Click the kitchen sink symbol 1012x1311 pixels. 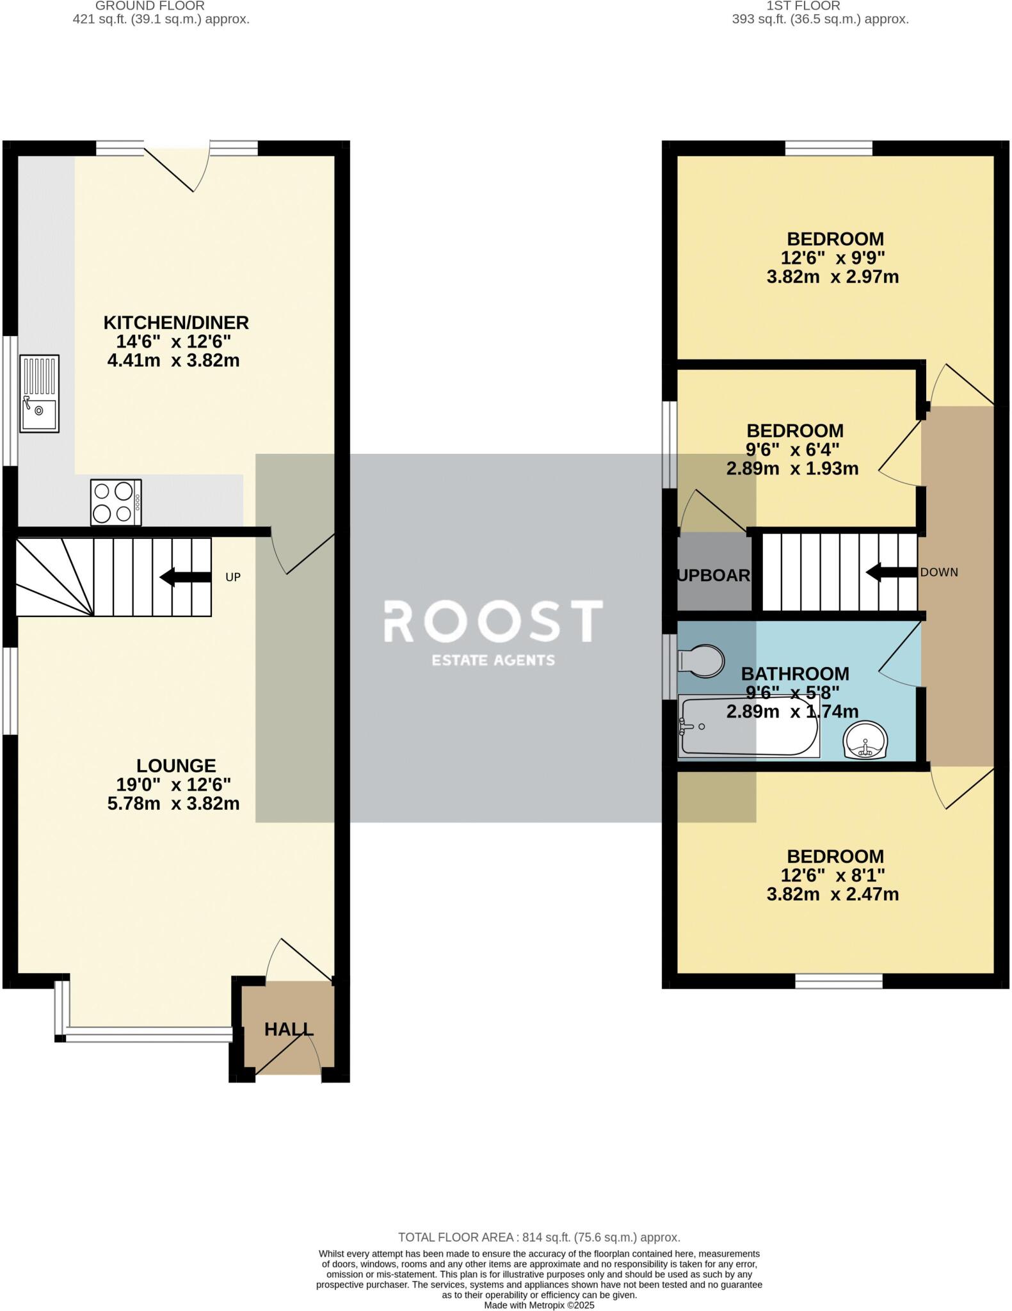[39, 394]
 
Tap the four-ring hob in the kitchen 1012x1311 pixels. [116, 503]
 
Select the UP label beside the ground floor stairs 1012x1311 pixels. [233, 577]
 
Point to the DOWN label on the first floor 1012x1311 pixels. [939, 572]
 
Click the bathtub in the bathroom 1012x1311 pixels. [748, 727]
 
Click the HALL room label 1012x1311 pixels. [289, 1029]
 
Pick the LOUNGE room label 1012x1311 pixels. [176, 766]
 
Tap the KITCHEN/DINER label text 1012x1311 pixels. [176, 323]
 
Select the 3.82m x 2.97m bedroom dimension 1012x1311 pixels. [832, 277]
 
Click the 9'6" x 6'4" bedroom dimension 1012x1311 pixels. [792, 449]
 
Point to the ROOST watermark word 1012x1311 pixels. [493, 621]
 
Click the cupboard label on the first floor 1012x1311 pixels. [714, 575]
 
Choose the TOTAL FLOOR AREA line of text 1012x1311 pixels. [539, 1237]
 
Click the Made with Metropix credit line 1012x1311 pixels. [539, 1305]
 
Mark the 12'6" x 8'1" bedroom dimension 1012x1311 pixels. [832, 875]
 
